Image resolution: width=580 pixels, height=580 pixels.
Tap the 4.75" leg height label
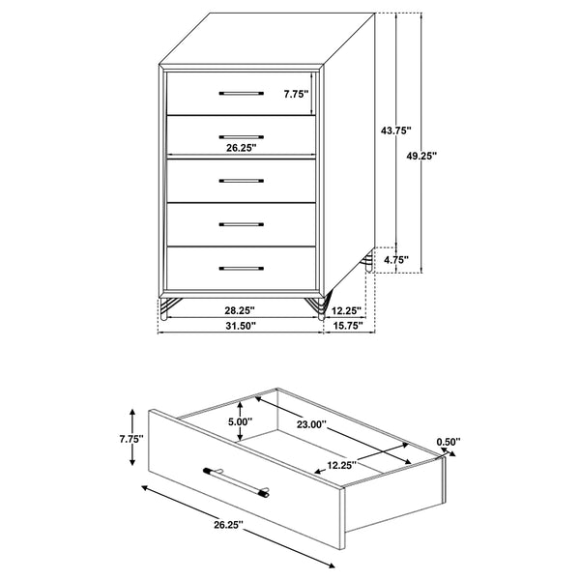pyautogui.click(x=395, y=259)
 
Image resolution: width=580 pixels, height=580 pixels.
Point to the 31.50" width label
pyautogui.click(x=240, y=327)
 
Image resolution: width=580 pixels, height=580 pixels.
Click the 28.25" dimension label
pyautogui.click(x=240, y=310)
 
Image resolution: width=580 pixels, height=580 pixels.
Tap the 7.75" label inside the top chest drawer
pyautogui.click(x=296, y=94)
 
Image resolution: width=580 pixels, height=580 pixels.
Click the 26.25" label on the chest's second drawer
pyautogui.click(x=241, y=148)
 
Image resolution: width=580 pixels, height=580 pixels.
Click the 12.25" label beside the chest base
pyautogui.click(x=345, y=310)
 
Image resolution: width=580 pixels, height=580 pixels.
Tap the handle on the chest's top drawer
pyautogui.click(x=241, y=94)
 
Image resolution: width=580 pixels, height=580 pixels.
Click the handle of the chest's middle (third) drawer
pyautogui.click(x=241, y=181)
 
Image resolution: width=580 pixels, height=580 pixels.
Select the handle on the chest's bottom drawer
pyautogui.click(x=241, y=267)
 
